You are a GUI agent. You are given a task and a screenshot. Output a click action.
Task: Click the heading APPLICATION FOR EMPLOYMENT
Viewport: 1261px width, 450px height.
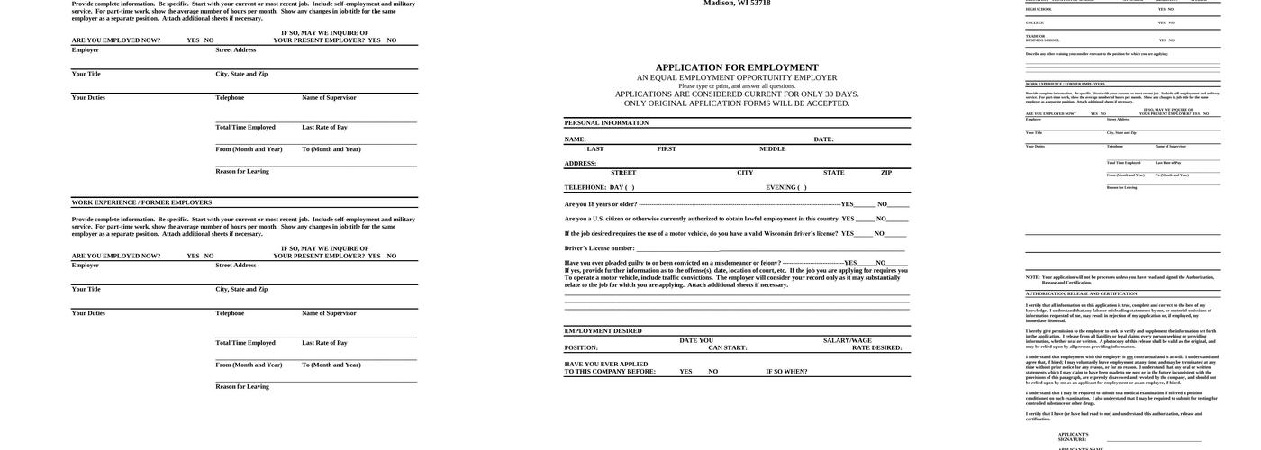click(x=737, y=67)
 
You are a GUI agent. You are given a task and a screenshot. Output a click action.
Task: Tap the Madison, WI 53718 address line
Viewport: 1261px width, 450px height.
click(x=737, y=4)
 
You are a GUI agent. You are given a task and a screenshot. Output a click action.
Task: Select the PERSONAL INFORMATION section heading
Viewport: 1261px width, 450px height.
click(x=606, y=123)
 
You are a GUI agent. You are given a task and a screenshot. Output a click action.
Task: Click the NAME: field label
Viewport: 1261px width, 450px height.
click(x=576, y=139)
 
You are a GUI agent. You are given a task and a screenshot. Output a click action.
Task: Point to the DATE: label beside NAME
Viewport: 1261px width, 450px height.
click(x=823, y=139)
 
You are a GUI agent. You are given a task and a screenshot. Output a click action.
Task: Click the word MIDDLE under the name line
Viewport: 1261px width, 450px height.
click(x=772, y=149)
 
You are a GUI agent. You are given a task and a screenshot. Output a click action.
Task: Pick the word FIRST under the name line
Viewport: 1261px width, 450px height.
click(x=667, y=149)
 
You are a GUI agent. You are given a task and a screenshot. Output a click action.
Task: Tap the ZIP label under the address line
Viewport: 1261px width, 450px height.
click(x=886, y=173)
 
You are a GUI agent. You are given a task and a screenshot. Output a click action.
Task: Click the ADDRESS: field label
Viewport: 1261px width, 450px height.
click(x=581, y=164)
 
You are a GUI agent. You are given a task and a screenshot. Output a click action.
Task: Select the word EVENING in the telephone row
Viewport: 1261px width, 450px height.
click(x=780, y=187)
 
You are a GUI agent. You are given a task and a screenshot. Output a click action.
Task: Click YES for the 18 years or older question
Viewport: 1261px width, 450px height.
click(x=848, y=204)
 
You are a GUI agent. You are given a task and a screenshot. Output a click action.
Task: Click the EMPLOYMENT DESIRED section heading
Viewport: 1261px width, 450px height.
click(x=603, y=331)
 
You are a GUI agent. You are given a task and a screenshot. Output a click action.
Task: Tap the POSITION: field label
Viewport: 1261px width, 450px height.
click(x=581, y=347)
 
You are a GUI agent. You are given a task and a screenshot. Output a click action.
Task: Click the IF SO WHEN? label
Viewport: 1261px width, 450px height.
click(x=786, y=372)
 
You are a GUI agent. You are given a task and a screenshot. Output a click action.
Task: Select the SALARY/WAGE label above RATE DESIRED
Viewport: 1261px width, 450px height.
click(x=848, y=340)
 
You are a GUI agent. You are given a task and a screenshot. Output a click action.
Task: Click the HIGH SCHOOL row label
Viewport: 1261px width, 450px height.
click(x=1039, y=9)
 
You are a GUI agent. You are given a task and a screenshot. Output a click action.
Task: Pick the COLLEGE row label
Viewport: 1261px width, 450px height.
click(x=1035, y=22)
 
